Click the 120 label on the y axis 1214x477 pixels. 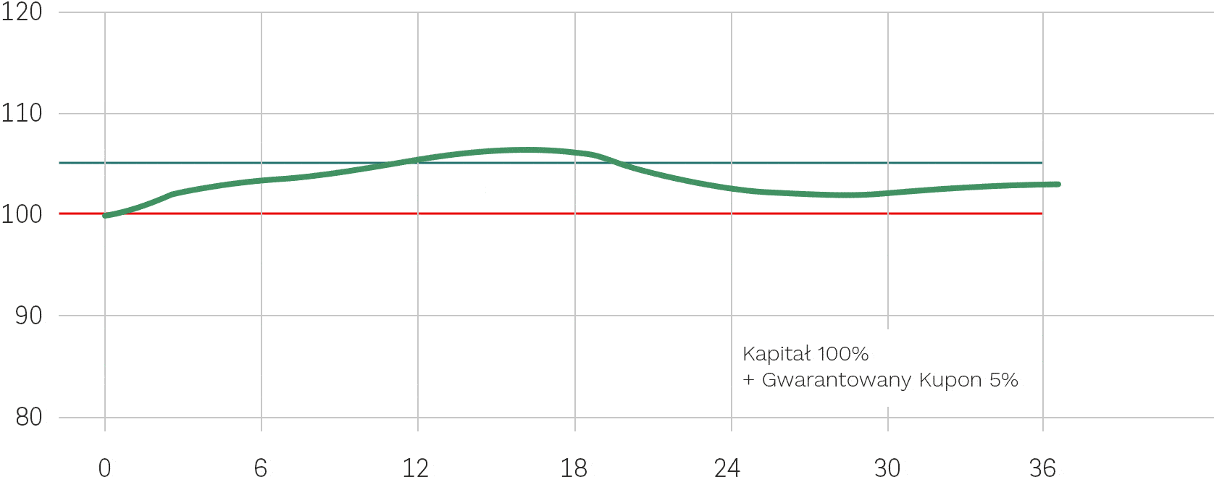click(22, 12)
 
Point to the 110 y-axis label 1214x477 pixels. click(22, 113)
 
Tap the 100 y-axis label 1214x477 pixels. click(22, 214)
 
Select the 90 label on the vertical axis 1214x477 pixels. click(28, 316)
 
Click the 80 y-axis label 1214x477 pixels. click(28, 417)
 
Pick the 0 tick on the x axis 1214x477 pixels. click(105, 468)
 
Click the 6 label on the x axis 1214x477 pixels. click(261, 468)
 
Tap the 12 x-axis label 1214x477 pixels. click(416, 468)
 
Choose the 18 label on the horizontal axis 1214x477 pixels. click(574, 468)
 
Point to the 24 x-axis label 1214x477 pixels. click(727, 468)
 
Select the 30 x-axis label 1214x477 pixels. click(887, 468)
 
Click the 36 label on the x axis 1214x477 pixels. click(1042, 468)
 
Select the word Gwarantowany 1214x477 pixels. click(837, 380)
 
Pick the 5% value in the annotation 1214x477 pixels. click(1004, 380)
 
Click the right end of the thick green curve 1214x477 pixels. click(1058, 185)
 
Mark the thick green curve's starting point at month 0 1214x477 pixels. click(106, 216)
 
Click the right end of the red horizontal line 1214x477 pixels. click(1042, 214)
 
